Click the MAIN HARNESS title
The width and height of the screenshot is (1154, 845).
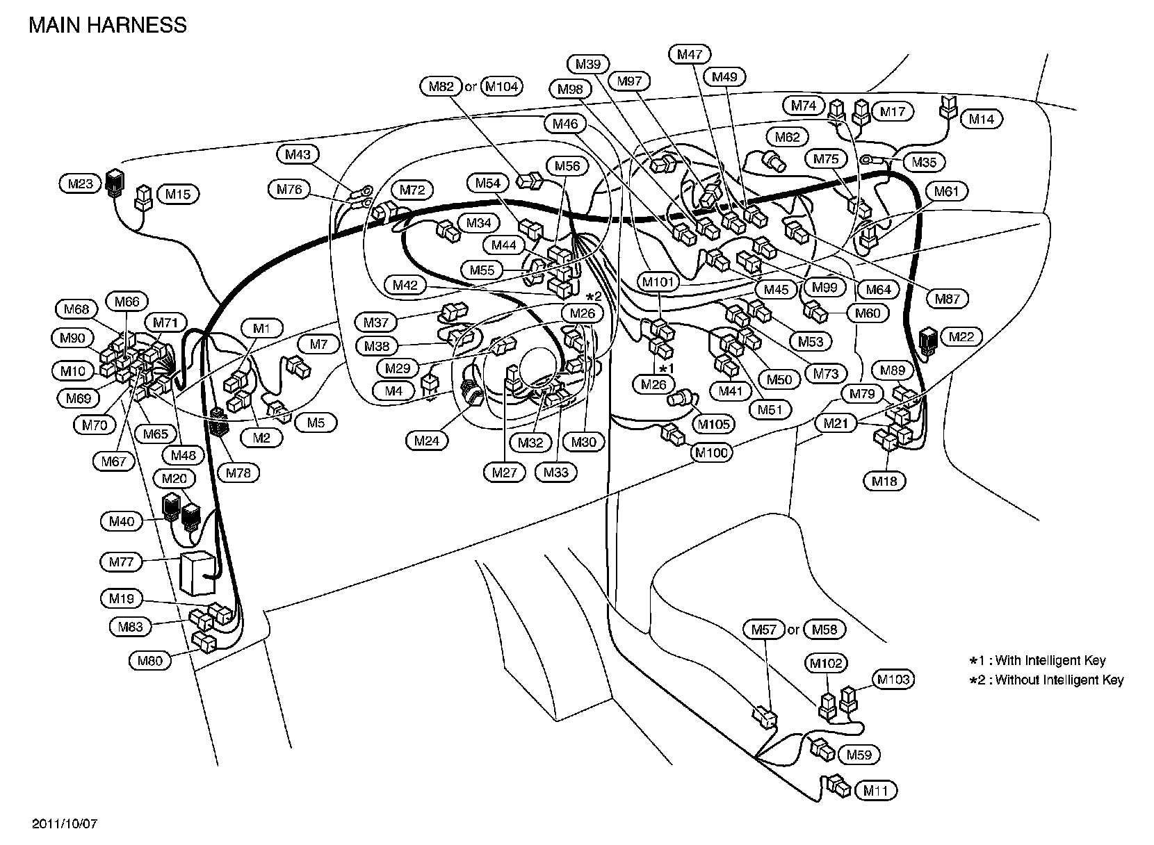click(x=107, y=25)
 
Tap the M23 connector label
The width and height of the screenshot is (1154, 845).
click(x=80, y=184)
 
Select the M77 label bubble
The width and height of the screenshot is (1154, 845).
click(x=121, y=561)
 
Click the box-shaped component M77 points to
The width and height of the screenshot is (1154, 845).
click(x=197, y=573)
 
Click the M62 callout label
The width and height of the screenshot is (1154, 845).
click(x=787, y=137)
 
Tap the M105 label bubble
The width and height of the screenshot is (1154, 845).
click(x=713, y=424)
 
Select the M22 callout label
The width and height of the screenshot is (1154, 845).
click(x=961, y=337)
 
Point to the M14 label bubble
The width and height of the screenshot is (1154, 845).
click(x=982, y=119)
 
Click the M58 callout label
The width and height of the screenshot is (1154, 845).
click(x=824, y=630)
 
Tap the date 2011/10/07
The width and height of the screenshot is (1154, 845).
click(x=65, y=824)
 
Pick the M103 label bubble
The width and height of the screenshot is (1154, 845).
click(x=893, y=679)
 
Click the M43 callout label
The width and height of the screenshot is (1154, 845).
click(x=298, y=154)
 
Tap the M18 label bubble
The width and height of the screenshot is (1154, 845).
click(x=885, y=480)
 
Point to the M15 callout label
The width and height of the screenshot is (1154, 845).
click(x=177, y=194)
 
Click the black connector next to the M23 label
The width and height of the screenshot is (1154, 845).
click(x=114, y=183)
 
